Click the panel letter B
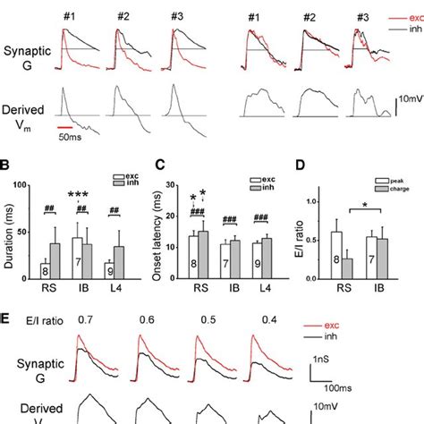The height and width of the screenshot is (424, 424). pyautogui.click(x=6, y=165)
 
